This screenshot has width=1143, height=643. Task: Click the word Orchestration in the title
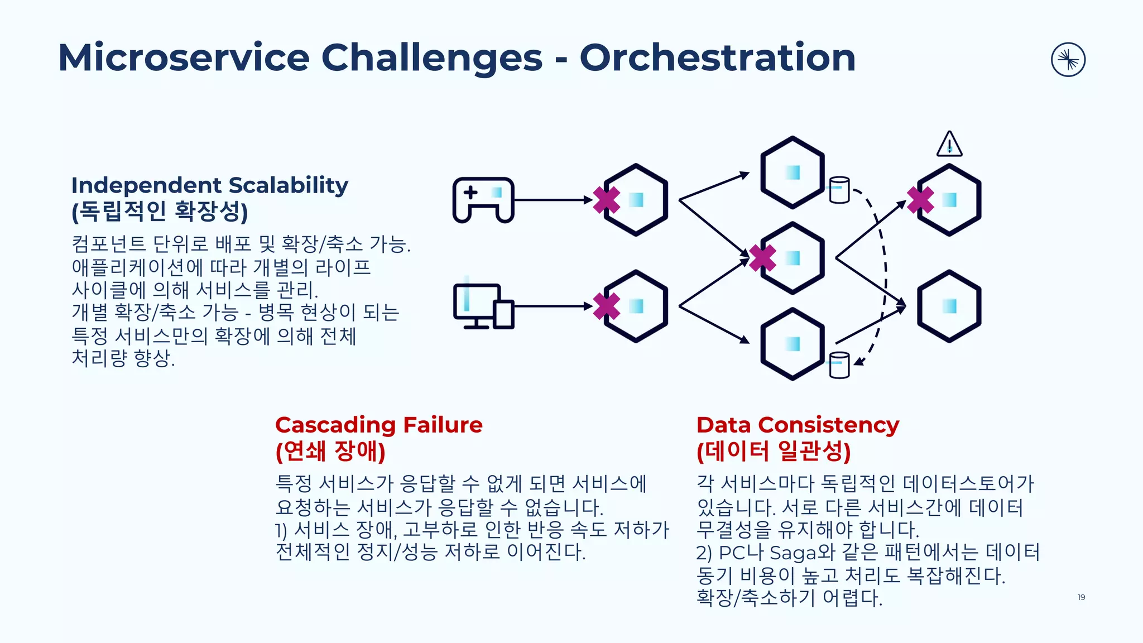pos(717,57)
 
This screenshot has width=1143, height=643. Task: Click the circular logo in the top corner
pos(1068,60)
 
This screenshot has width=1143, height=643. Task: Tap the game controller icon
pos(483,200)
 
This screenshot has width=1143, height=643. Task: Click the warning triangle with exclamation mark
pos(949,145)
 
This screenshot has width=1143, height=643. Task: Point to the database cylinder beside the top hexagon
pos(839,190)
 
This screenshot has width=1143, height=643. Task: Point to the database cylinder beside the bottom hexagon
pos(839,365)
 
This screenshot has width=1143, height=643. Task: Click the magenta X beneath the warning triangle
pos(920,200)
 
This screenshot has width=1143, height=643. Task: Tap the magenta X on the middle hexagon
pos(762,258)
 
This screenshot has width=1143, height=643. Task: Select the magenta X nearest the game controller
pos(606,200)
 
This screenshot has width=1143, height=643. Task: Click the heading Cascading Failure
pos(378,425)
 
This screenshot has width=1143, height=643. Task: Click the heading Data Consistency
pos(798,425)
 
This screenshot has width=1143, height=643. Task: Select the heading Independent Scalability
pos(209,185)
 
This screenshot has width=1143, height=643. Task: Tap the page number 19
pos(1081,597)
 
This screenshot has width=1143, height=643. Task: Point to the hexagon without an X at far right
pos(949,306)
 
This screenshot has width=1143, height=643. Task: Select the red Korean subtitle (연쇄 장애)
pos(330,451)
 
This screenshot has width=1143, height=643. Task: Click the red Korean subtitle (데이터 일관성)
pos(774,451)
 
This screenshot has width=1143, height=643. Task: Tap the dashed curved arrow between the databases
pos(885,273)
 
